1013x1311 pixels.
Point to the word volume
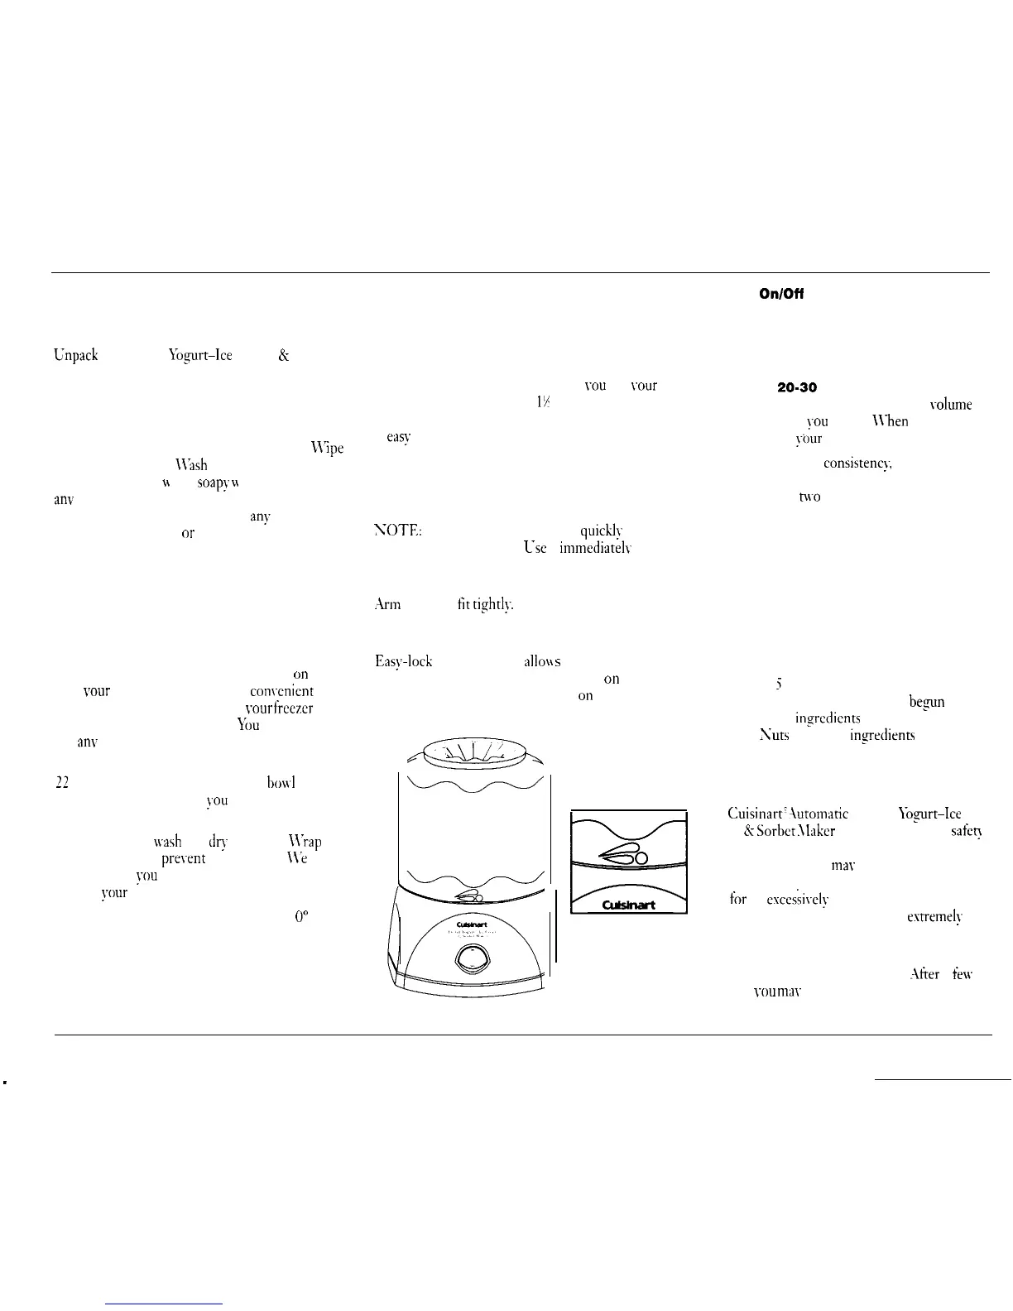pos(950,405)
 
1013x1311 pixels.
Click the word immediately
pos(596,548)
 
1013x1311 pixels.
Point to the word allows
pos(542,661)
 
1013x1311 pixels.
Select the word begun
pos(927,703)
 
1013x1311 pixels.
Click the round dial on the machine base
pos(470,963)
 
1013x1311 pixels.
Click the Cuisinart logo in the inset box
pos(627,905)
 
